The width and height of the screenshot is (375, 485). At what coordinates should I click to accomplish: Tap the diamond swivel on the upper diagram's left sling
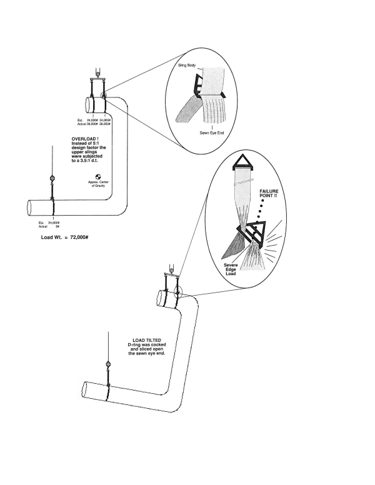[52, 179]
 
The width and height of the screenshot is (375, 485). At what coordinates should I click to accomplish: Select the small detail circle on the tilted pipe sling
[179, 292]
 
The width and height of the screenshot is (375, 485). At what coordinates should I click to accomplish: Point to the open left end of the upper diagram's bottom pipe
[29, 209]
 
